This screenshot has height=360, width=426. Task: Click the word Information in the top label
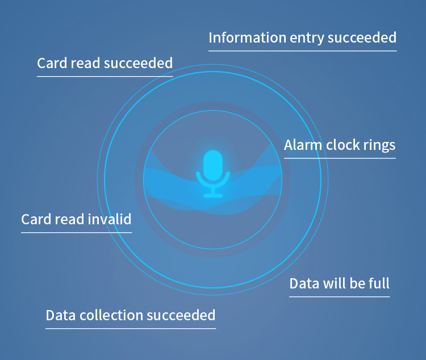coord(247,37)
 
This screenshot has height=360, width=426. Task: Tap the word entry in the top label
coord(307,38)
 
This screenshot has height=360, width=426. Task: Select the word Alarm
coord(303,145)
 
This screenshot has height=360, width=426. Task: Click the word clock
coord(343,145)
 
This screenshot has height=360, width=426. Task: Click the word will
coord(332,283)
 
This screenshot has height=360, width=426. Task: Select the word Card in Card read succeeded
coord(52,63)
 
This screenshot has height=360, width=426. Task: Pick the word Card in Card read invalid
coord(36,219)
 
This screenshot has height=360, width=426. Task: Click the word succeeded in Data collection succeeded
coord(181,315)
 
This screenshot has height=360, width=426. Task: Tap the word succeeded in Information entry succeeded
coord(362,37)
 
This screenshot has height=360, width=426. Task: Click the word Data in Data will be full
coord(304,283)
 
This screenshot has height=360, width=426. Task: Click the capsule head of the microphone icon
coord(213,165)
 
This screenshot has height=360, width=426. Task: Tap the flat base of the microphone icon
coord(213,196)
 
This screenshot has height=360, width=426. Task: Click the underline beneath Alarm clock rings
coord(340,158)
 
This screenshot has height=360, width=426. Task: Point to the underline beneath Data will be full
coord(339,297)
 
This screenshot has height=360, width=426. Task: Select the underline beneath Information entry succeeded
coord(303,51)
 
